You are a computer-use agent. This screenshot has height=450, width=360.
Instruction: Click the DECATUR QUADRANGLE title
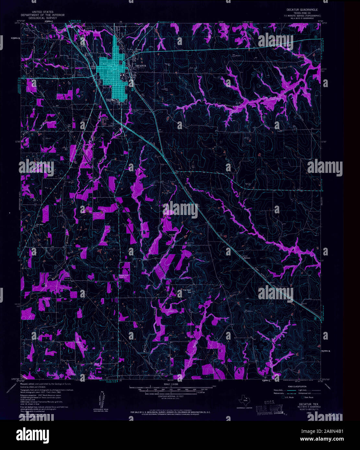click(x=302, y=10)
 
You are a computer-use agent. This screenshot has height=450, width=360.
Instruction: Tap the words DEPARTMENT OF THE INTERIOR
click(x=42, y=15)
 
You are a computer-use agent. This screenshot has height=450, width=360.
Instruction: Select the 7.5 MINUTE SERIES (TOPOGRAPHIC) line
click(x=302, y=16)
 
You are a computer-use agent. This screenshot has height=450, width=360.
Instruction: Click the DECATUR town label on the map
click(x=141, y=66)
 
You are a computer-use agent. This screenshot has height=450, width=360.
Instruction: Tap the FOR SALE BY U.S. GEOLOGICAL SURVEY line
click(x=170, y=412)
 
